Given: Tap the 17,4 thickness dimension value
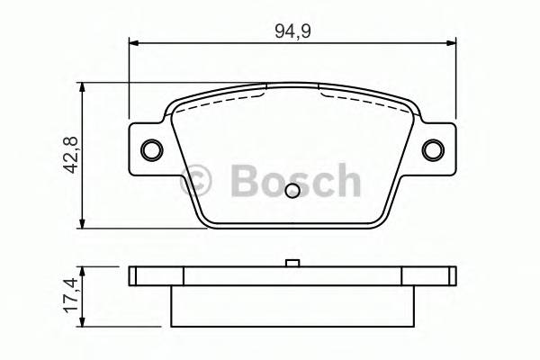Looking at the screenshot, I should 65,296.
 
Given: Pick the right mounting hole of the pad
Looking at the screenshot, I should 433,149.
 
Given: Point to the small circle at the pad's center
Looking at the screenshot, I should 292,191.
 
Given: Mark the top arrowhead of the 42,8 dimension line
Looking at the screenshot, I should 84,88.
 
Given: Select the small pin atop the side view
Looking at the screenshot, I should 292,263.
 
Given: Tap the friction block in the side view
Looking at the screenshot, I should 292,306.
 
